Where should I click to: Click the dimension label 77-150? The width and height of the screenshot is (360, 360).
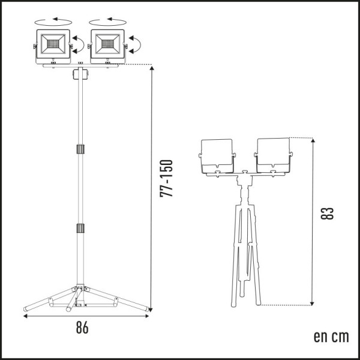(x=166, y=178)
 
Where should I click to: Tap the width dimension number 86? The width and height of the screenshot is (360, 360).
(x=82, y=328)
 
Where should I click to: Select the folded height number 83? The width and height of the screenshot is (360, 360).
(x=327, y=213)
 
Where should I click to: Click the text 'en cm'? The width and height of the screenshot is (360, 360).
(x=331, y=337)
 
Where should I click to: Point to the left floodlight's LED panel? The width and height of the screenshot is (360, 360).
(x=53, y=44)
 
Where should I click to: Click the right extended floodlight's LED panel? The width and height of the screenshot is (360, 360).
(x=107, y=44)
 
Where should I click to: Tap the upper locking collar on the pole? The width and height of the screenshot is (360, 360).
(x=80, y=149)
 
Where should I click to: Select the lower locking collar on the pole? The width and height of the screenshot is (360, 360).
(x=80, y=228)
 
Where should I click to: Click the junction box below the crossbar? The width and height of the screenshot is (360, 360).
(x=80, y=74)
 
